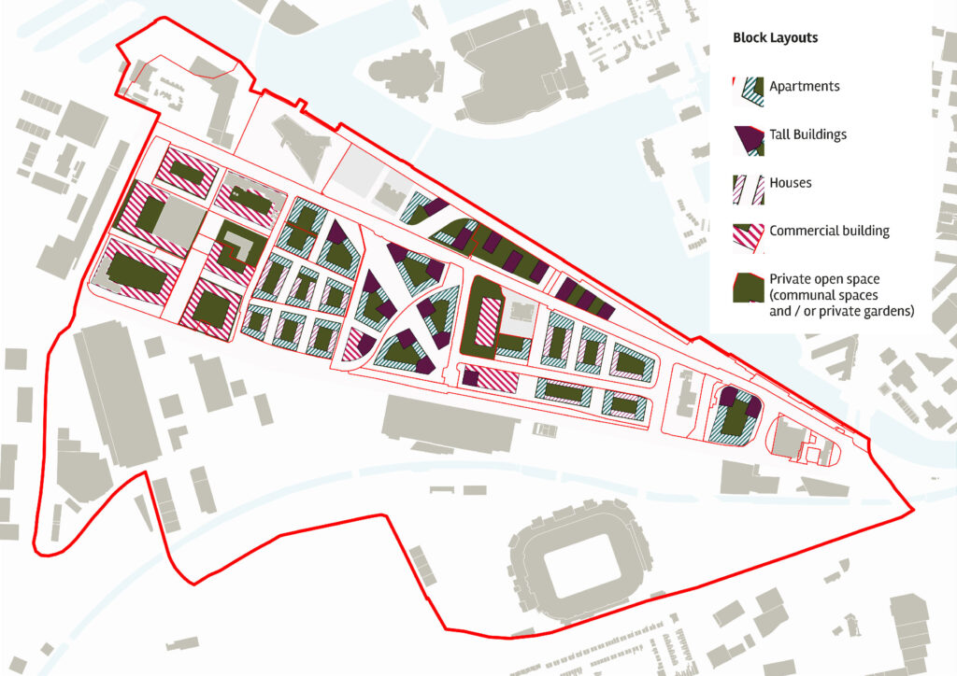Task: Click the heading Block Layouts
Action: [775, 38]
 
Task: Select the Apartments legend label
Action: [804, 87]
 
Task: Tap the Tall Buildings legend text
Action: [807, 134]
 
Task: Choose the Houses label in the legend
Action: [790, 183]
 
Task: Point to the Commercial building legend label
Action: [829, 231]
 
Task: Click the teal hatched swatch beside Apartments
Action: [748, 88]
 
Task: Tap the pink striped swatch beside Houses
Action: [748, 185]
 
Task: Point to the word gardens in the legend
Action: [887, 311]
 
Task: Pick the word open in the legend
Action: [828, 279]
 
